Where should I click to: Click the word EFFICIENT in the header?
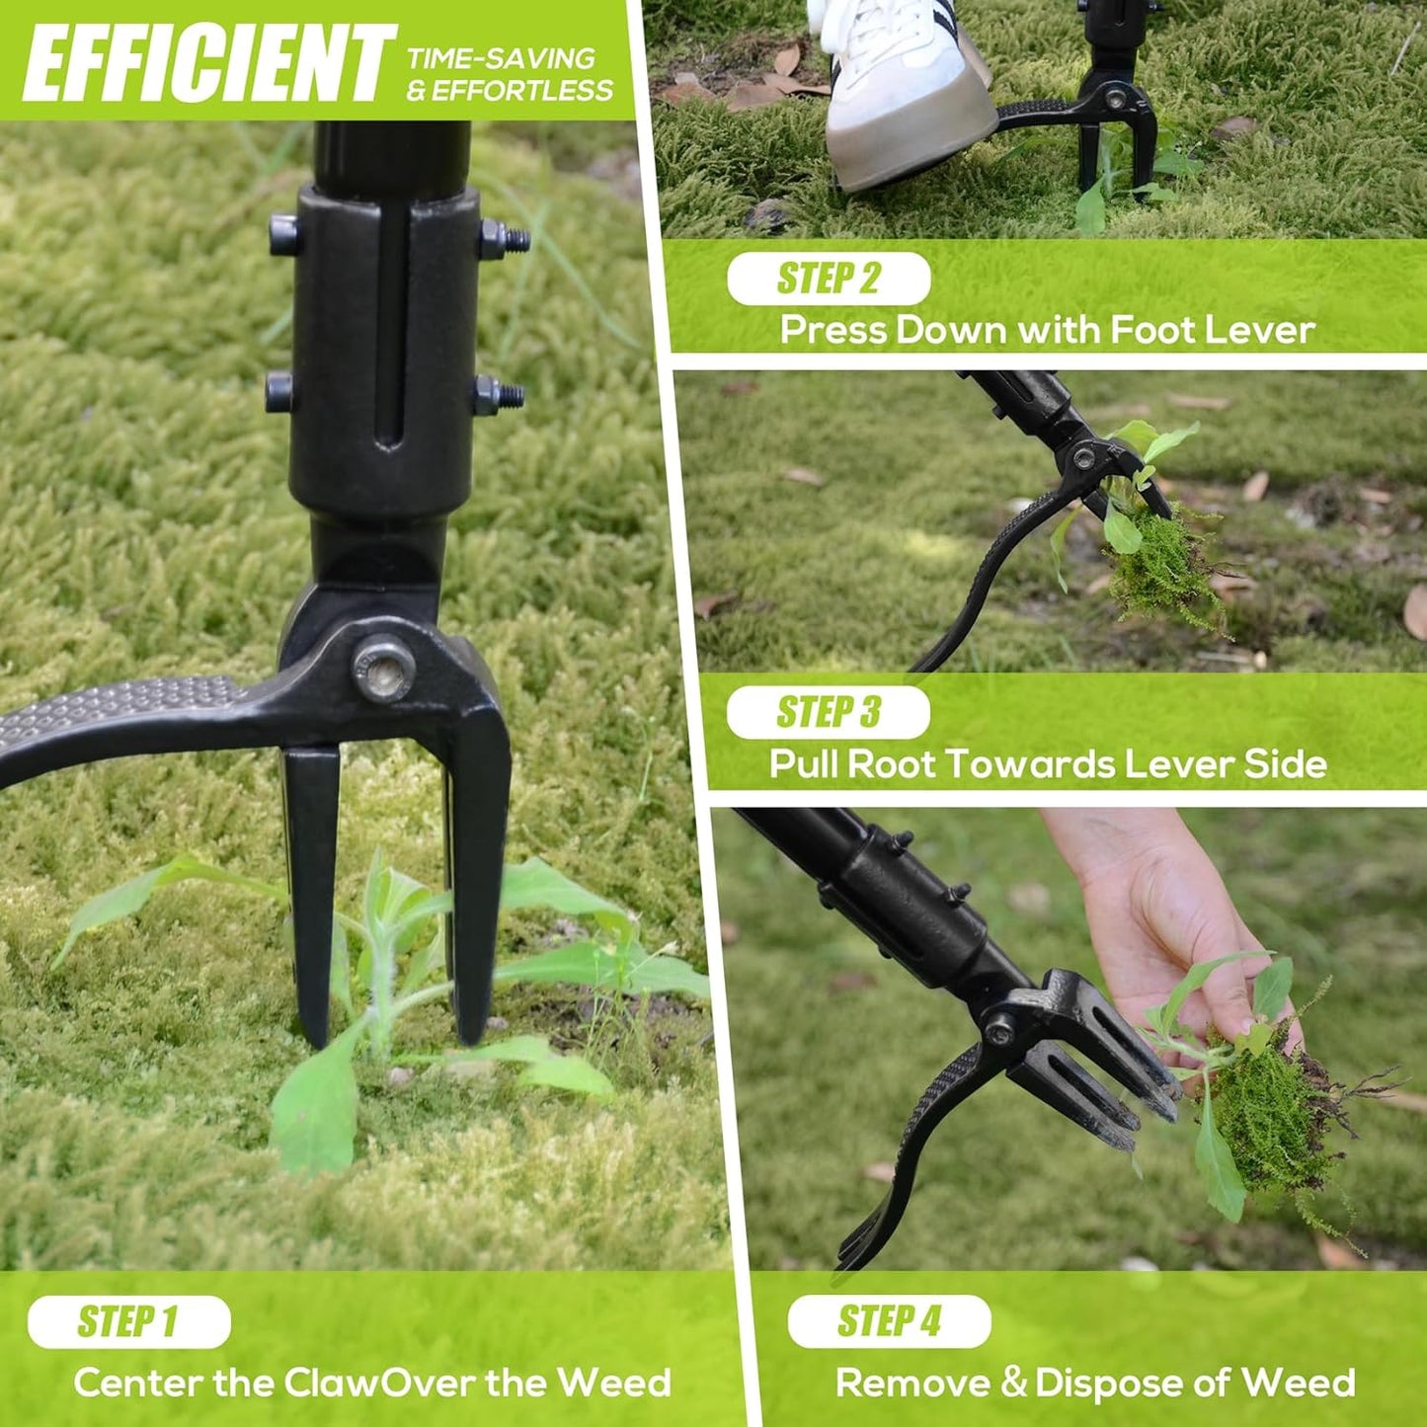tap(208, 63)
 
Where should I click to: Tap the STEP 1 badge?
tap(128, 1321)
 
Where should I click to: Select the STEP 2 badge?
tap(828, 278)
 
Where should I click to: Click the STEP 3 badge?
tap(828, 712)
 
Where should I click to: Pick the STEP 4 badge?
tap(889, 1321)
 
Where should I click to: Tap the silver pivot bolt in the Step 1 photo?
tap(383, 670)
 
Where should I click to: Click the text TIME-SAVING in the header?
tap(501, 58)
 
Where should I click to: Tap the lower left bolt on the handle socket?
tap(279, 392)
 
